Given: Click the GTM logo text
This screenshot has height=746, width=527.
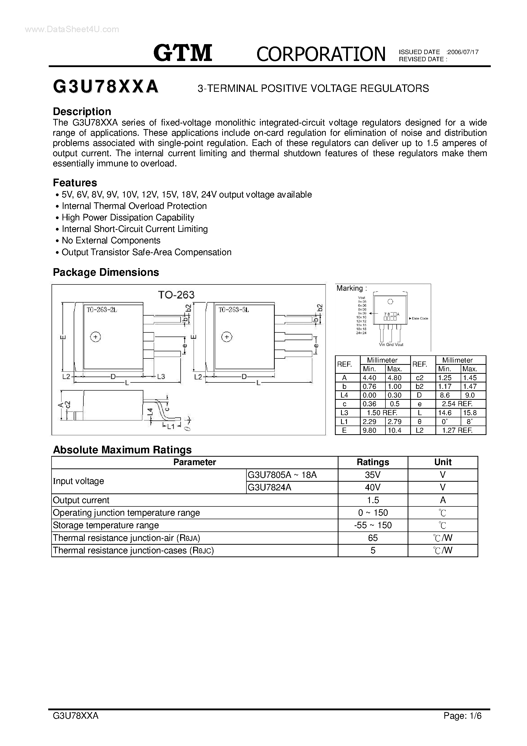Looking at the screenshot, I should pyautogui.click(x=183, y=53).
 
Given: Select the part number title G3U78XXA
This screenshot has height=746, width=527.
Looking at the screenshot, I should pyautogui.click(x=106, y=87).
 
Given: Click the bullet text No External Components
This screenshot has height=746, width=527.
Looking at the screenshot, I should pyautogui.click(x=111, y=240).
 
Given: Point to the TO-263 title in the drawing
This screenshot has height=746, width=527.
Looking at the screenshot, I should pyautogui.click(x=176, y=295).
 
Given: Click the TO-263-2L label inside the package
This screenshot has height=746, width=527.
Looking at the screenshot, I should pyautogui.click(x=102, y=310).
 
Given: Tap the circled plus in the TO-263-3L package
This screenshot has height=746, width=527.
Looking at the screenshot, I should pyautogui.click(x=227, y=337).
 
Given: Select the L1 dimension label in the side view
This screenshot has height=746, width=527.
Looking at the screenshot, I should pyautogui.click(x=171, y=427).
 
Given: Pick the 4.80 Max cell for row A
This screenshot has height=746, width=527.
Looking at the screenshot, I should pyautogui.click(x=394, y=378).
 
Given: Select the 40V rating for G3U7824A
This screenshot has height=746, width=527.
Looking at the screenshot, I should pyautogui.click(x=373, y=487).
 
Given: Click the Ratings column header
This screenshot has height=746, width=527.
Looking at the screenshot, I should pyautogui.click(x=373, y=462).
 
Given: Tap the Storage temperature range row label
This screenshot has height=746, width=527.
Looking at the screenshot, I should pyautogui.click(x=106, y=525).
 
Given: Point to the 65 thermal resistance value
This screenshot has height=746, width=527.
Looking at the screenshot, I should pyautogui.click(x=373, y=538).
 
